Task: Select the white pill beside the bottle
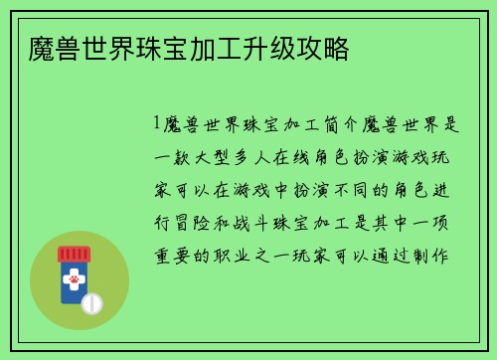(91, 301)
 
